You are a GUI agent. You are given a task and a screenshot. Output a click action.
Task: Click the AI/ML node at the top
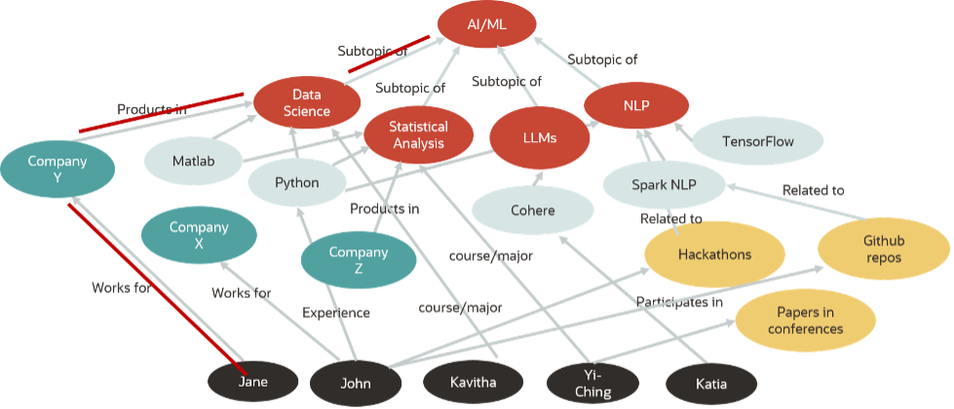tap(485, 27)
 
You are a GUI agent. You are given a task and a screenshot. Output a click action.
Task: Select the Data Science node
tap(307, 103)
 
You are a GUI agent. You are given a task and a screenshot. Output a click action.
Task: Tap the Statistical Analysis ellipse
tap(418, 134)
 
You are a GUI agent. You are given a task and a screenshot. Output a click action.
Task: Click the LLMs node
tap(539, 138)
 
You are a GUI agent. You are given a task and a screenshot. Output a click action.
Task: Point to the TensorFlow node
tap(757, 142)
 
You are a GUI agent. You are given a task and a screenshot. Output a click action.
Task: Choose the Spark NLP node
tap(664, 185)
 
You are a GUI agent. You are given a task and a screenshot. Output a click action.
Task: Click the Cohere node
tap(532, 210)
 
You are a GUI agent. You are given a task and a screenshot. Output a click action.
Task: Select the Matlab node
tap(193, 161)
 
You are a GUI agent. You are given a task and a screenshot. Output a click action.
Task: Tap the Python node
tap(296, 182)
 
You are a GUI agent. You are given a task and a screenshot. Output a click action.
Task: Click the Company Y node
tap(57, 169)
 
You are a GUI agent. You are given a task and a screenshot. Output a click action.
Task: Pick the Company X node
tap(199, 235)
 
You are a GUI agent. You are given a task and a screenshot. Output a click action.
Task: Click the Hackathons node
tap(715, 256)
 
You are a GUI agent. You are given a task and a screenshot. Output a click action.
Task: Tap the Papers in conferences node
tap(804, 320)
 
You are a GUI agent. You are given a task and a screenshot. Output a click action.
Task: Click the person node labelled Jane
tap(252, 382)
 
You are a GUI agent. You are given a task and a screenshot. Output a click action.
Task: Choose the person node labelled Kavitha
tap(472, 382)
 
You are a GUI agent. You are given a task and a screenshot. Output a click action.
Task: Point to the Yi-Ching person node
tap(592, 384)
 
